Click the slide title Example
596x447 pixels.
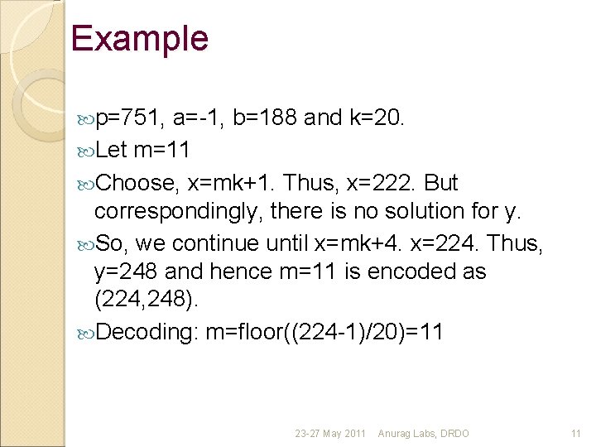(x=139, y=39)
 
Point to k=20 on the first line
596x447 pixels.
(x=377, y=118)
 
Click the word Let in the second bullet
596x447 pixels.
(x=111, y=150)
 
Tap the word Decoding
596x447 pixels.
(x=145, y=332)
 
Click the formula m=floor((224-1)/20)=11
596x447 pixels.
(x=324, y=332)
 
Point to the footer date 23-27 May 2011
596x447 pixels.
(x=331, y=433)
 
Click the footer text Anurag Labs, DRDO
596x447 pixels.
(x=423, y=433)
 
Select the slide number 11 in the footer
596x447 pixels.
(x=576, y=433)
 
